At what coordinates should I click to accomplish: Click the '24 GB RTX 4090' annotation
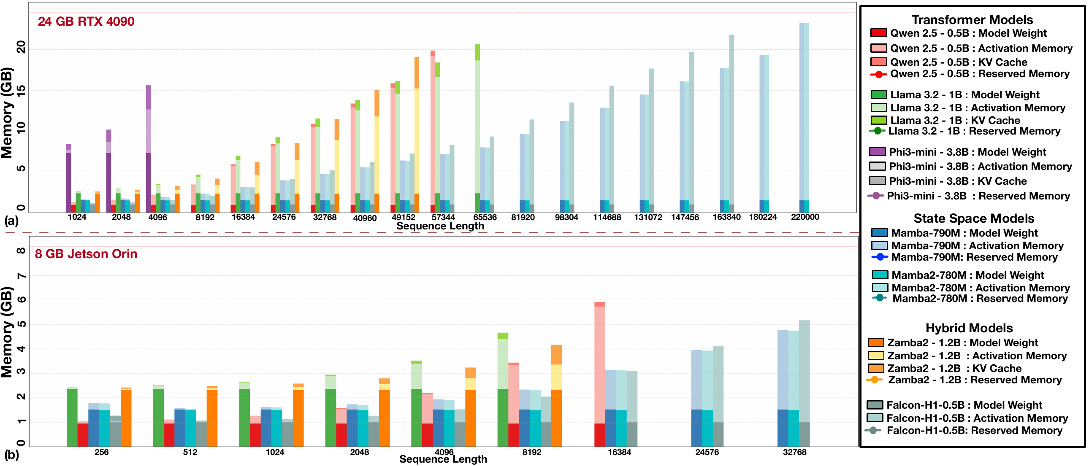pos(86,22)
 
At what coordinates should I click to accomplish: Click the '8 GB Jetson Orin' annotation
pos(86,254)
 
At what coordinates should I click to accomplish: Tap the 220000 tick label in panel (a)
pos(805,217)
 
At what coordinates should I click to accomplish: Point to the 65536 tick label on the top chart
pos(485,217)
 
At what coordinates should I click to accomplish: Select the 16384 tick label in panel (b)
pos(619,452)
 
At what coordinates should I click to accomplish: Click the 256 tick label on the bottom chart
pos(101,452)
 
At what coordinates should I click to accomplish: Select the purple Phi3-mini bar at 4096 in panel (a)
pos(149,148)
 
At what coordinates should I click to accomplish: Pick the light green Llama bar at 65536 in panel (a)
pos(477,127)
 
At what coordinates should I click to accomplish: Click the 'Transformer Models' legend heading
pos(972,20)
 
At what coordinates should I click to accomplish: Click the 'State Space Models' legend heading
pos(974,218)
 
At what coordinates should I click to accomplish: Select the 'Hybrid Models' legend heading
pos(969,328)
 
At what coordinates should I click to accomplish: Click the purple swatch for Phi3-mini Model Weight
pos(878,152)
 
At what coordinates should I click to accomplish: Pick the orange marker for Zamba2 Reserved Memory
pos(874,380)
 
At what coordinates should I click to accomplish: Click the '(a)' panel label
pos(11,221)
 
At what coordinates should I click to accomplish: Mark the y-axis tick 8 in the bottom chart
pos(20,251)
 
